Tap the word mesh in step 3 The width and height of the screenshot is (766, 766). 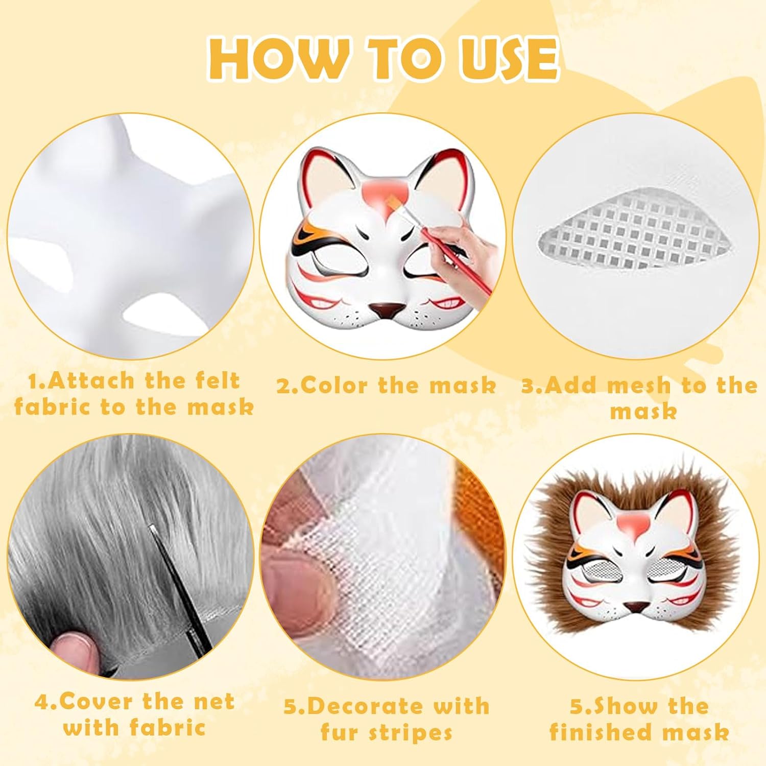click(x=641, y=385)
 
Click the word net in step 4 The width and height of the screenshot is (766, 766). click(x=215, y=702)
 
